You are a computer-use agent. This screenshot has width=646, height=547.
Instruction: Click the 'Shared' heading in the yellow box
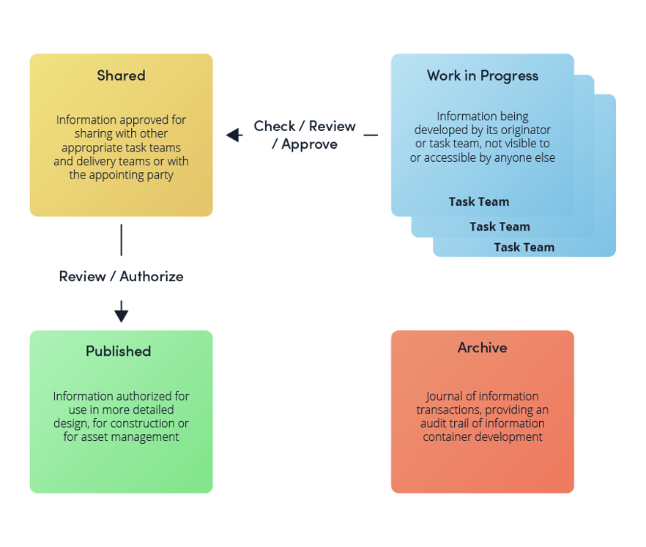[x=121, y=75]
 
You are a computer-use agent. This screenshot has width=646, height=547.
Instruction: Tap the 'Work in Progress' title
[x=482, y=75]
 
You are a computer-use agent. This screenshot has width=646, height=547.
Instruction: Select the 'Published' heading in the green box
[x=118, y=351]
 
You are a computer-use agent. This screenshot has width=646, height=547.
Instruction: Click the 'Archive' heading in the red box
[x=482, y=347]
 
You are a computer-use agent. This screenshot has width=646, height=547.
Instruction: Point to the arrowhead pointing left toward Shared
[x=234, y=135]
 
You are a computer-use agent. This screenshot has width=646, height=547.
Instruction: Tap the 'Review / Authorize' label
[x=121, y=276]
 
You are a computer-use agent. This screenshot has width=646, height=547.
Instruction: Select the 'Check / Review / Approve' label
[x=305, y=135]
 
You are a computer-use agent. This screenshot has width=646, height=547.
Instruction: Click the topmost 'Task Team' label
[x=479, y=201]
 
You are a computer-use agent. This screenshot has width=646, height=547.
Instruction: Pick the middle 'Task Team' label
[x=500, y=226]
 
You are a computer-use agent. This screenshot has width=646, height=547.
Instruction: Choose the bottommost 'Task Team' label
[x=524, y=247]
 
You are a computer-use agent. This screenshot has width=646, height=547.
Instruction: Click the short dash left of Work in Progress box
[x=371, y=135]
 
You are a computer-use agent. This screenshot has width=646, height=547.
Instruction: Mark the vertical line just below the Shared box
[x=121, y=239]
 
